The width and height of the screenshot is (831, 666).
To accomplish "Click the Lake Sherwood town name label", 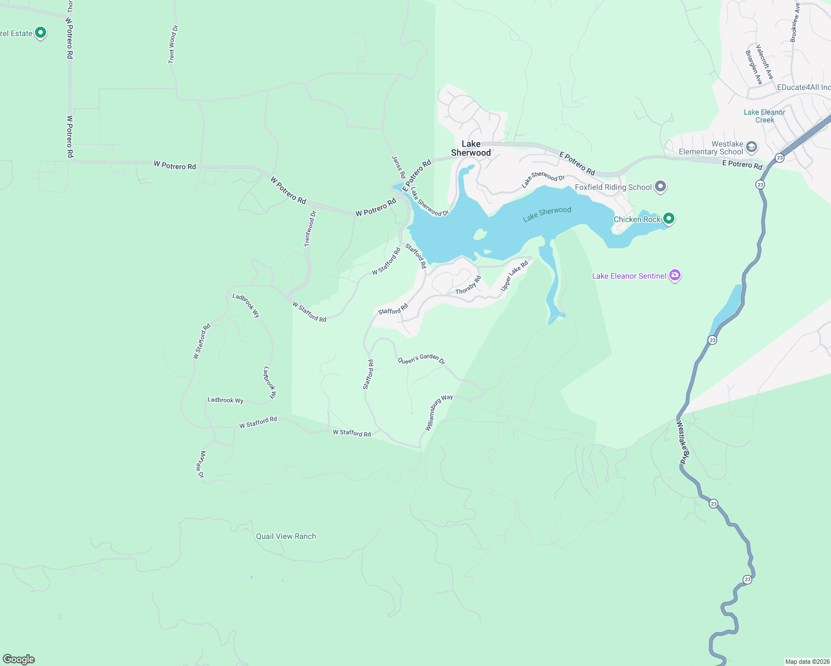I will [471, 148].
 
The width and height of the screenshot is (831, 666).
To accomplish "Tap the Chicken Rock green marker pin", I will [669, 219].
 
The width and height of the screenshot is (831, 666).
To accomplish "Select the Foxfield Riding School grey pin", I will [660, 186].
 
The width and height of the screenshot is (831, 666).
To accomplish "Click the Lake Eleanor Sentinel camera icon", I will [675, 275].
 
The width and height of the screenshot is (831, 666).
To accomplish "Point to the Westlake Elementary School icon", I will [752, 147].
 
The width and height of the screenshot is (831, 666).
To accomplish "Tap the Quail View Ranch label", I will [286, 536].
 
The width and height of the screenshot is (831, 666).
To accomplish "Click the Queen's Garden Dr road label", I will [421, 359].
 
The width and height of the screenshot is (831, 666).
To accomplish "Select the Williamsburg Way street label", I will [439, 412].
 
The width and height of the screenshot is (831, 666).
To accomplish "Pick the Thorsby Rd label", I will [468, 285].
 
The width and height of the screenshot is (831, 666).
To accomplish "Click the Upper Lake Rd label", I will [514, 276].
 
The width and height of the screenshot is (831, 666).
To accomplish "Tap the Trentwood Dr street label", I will [310, 229].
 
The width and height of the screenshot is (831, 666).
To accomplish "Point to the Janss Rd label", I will [399, 167].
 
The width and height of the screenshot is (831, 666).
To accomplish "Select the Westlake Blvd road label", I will [683, 442].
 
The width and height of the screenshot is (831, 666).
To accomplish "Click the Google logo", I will [19, 659].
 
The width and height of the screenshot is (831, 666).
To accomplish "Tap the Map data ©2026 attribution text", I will [807, 662].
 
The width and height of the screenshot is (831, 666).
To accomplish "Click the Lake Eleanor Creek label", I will [764, 116].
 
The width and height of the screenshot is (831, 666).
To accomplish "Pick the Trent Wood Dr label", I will [173, 44].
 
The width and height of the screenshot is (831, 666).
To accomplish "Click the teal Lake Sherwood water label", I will [547, 214].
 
